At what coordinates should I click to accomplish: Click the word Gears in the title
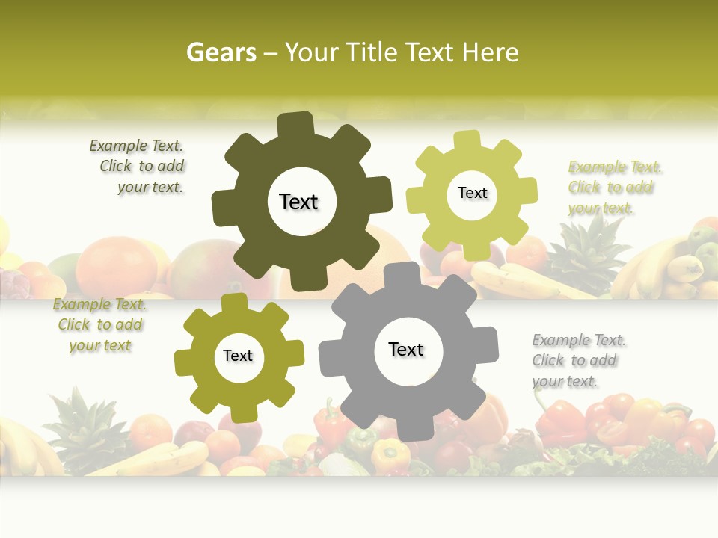(221, 52)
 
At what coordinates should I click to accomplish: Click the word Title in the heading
(373, 52)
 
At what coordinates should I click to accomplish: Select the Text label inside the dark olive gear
(298, 202)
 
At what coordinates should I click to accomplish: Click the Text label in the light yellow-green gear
(472, 193)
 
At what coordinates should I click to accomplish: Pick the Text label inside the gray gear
(406, 349)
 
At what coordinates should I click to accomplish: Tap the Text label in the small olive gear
(238, 356)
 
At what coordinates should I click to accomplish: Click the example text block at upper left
(139, 167)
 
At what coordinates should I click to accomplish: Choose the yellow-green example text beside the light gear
(614, 188)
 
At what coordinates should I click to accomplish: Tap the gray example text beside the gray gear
(577, 361)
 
